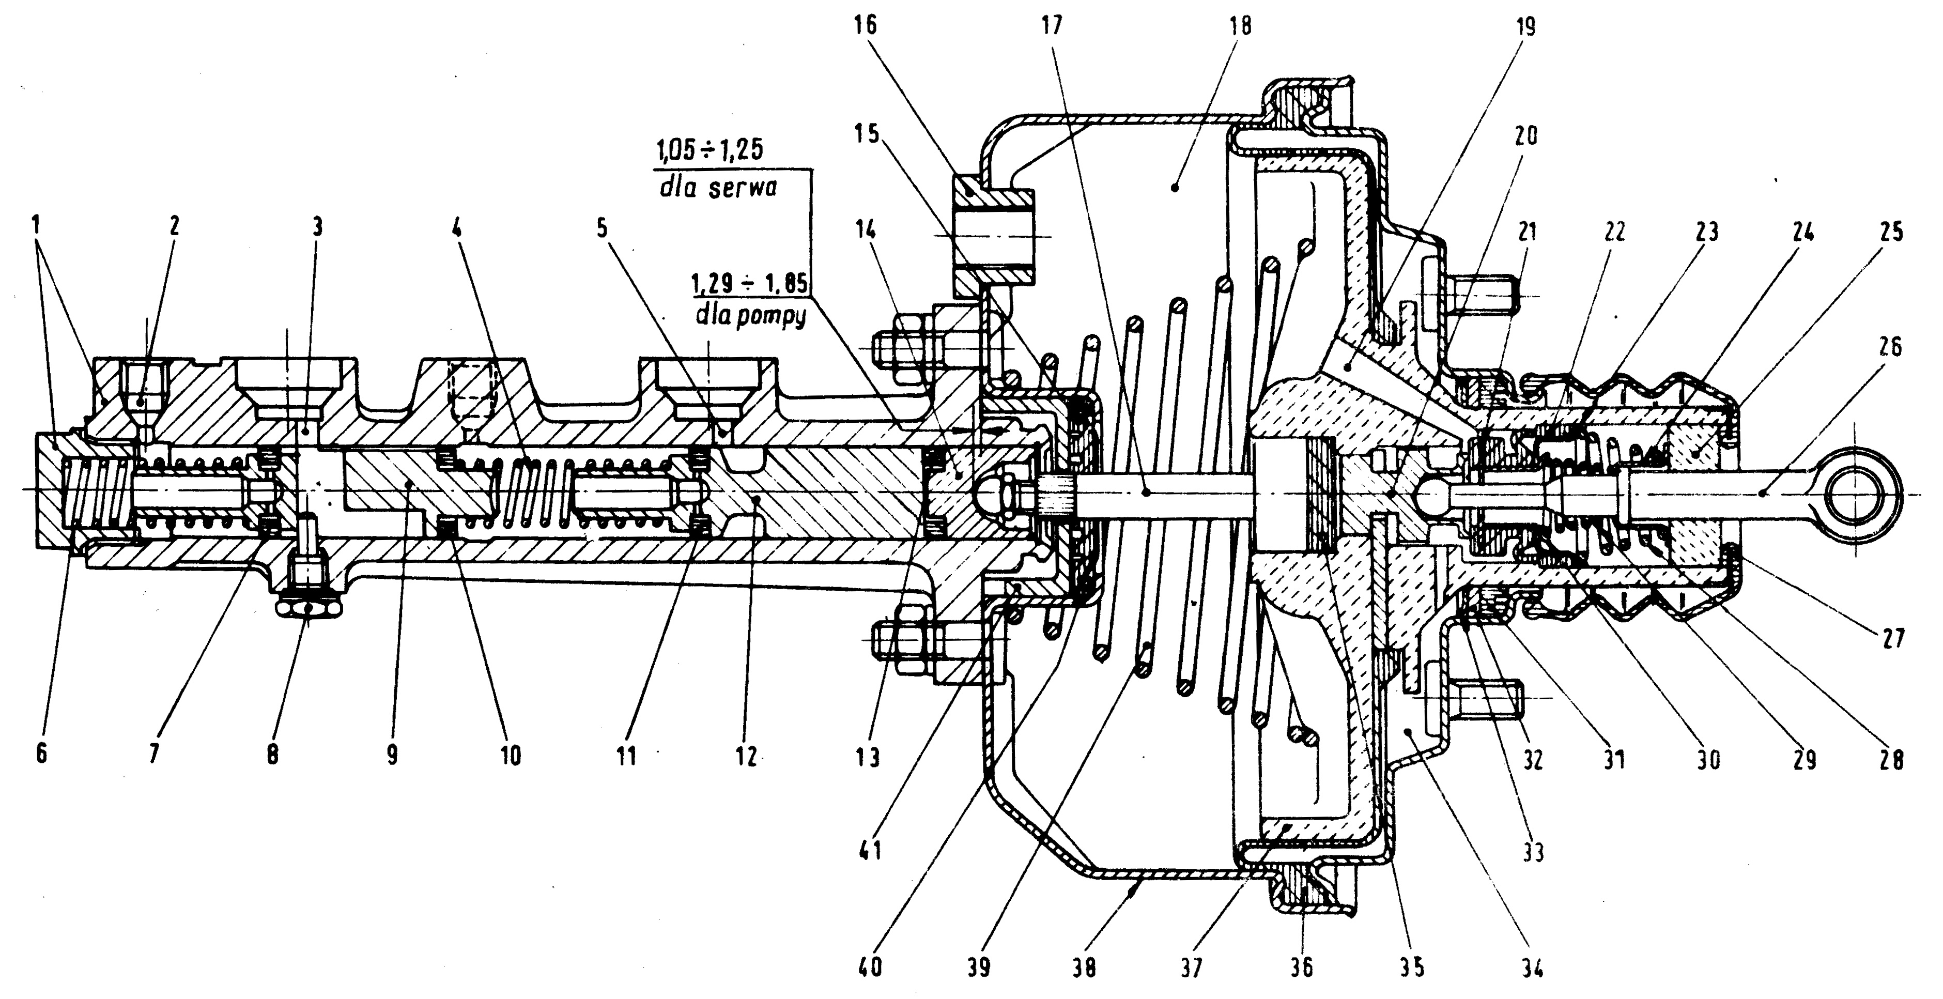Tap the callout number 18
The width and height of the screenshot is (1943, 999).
(x=1239, y=26)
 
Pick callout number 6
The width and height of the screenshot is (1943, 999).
(x=41, y=752)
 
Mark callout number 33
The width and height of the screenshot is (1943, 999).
(x=1533, y=853)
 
